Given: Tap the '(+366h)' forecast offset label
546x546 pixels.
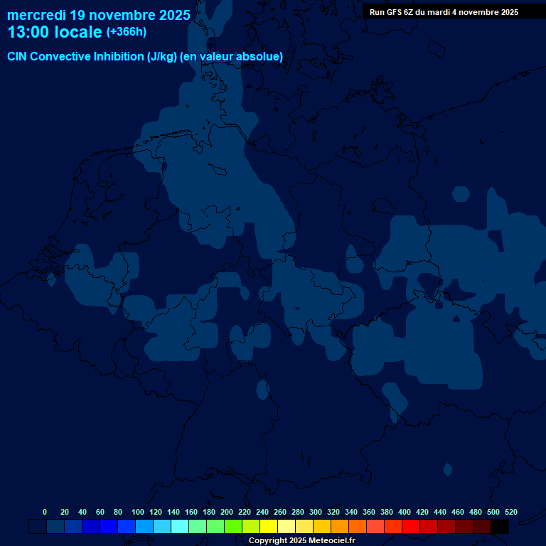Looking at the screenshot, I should click(126, 32).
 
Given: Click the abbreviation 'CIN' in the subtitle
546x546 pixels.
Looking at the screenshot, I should click(18, 57).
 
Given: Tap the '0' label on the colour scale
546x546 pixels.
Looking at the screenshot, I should click(45, 512).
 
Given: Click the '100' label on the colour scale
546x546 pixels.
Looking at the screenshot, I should click(138, 512).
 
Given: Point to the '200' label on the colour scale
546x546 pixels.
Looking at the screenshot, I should click(227, 512).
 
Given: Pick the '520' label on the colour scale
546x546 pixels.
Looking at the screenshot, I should click(511, 512).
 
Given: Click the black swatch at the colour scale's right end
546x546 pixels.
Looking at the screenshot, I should click(500, 527).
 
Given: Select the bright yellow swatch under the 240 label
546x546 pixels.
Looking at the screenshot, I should click(269, 527).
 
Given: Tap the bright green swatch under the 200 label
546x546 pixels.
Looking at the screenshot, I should click(233, 527).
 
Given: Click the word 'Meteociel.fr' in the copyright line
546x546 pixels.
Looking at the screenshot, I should click(331, 541).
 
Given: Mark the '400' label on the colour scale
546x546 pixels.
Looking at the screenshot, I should click(405, 512).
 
